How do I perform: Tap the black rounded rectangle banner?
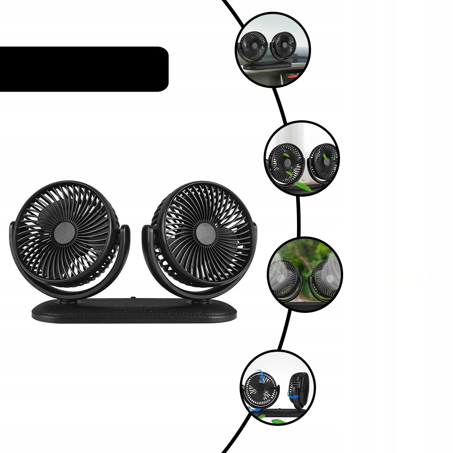(84, 69)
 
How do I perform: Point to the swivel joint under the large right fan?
(199, 300)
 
